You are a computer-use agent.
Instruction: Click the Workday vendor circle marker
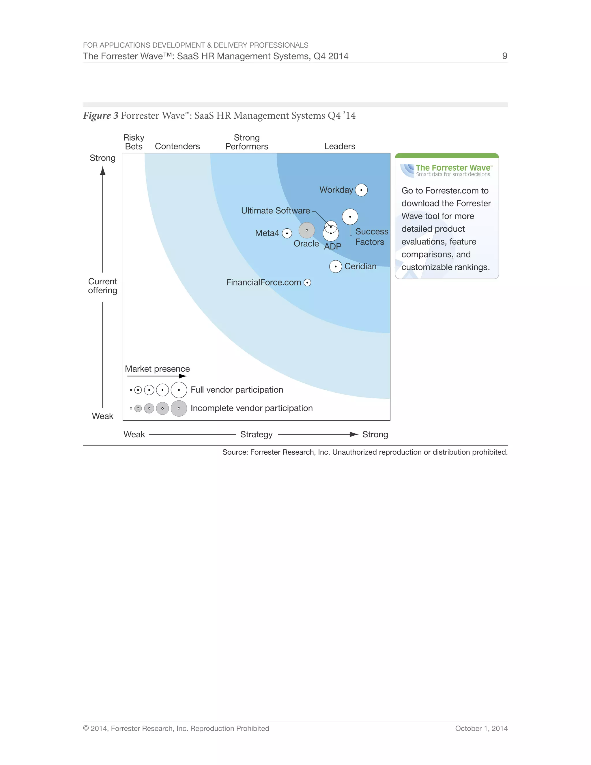point(361,190)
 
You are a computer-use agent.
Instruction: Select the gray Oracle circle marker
point(306,230)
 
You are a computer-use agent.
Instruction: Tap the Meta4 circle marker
point(287,233)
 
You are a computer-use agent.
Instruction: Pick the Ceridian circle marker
point(335,266)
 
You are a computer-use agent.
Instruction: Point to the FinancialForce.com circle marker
point(307,283)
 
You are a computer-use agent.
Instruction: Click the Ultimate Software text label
point(275,210)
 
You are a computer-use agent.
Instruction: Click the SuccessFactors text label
point(371,237)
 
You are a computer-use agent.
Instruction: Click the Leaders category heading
point(339,146)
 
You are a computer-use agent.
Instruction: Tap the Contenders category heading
point(177,146)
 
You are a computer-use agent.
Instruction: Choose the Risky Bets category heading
point(134,142)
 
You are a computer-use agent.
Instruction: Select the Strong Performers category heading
point(246,142)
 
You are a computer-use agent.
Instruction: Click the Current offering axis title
point(102,286)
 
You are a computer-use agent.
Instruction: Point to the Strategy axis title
point(256,434)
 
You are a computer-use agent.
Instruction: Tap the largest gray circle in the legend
point(179,408)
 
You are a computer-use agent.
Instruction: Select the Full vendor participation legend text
point(237,390)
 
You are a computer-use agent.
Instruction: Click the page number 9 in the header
point(504,56)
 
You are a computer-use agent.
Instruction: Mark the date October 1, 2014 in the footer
point(481,729)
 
